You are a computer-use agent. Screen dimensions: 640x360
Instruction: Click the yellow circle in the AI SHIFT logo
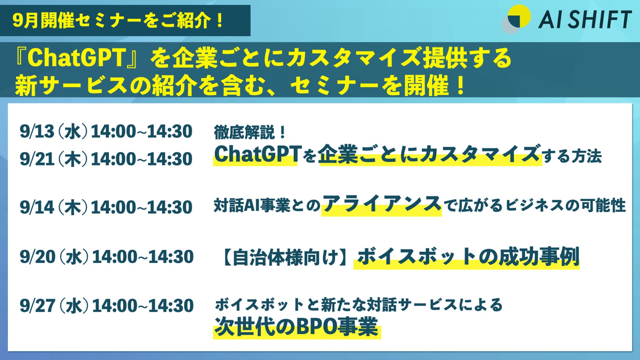[x=520, y=15]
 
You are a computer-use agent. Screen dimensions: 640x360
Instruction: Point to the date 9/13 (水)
[x=53, y=132]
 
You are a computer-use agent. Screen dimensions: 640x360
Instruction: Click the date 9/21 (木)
[x=53, y=159]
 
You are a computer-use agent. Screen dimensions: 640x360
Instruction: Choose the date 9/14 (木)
[x=53, y=207]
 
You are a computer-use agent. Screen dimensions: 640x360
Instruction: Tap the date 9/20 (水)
[x=54, y=257]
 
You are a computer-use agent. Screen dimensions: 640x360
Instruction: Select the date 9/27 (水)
[x=54, y=306]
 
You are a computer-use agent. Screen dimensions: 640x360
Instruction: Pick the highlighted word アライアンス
[x=382, y=204]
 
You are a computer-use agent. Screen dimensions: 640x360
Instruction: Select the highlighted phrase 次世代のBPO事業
[x=296, y=327]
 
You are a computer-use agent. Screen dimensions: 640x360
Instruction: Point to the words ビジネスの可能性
[x=565, y=205]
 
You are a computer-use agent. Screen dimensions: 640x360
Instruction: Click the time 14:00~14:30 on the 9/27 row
[x=143, y=306]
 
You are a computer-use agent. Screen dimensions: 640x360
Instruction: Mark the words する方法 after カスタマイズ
[x=572, y=156]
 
